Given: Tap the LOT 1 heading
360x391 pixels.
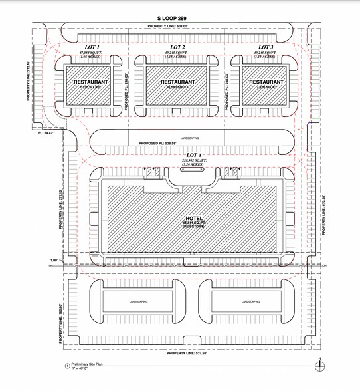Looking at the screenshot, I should [88, 47].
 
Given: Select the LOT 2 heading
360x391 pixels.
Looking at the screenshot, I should [177, 47].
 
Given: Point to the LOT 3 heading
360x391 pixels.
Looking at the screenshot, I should [265, 47].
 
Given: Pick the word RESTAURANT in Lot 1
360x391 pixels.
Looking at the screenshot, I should [88, 82].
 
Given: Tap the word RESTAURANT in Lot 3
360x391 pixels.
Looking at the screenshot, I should [266, 82].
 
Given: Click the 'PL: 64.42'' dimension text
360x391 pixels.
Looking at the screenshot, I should [45, 132].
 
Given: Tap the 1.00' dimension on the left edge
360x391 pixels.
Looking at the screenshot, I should [53, 260].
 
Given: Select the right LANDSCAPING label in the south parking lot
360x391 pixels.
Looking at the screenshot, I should [250, 301].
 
